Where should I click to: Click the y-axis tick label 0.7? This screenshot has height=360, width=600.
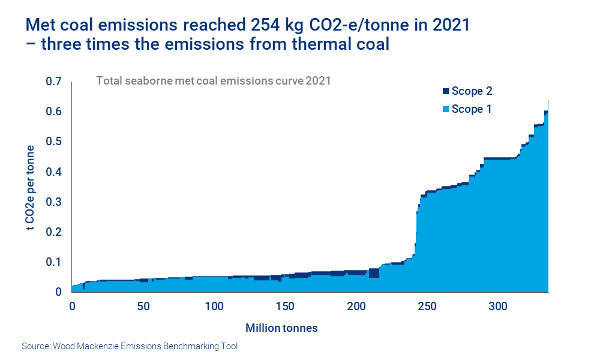(53, 82)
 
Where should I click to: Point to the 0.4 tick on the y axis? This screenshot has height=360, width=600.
(53, 172)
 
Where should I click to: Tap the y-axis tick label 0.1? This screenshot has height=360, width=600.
(53, 262)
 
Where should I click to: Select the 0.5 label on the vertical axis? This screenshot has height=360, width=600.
(53, 142)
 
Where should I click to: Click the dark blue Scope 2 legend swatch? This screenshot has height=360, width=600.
(445, 91)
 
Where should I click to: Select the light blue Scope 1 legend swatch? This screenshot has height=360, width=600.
(445, 109)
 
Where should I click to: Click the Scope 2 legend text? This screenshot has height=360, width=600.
(472, 91)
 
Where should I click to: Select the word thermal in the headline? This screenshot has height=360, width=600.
(300, 44)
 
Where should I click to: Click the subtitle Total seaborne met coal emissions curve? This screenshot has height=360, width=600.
(200, 80)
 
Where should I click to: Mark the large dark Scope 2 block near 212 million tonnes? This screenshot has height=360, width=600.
(374, 273)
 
